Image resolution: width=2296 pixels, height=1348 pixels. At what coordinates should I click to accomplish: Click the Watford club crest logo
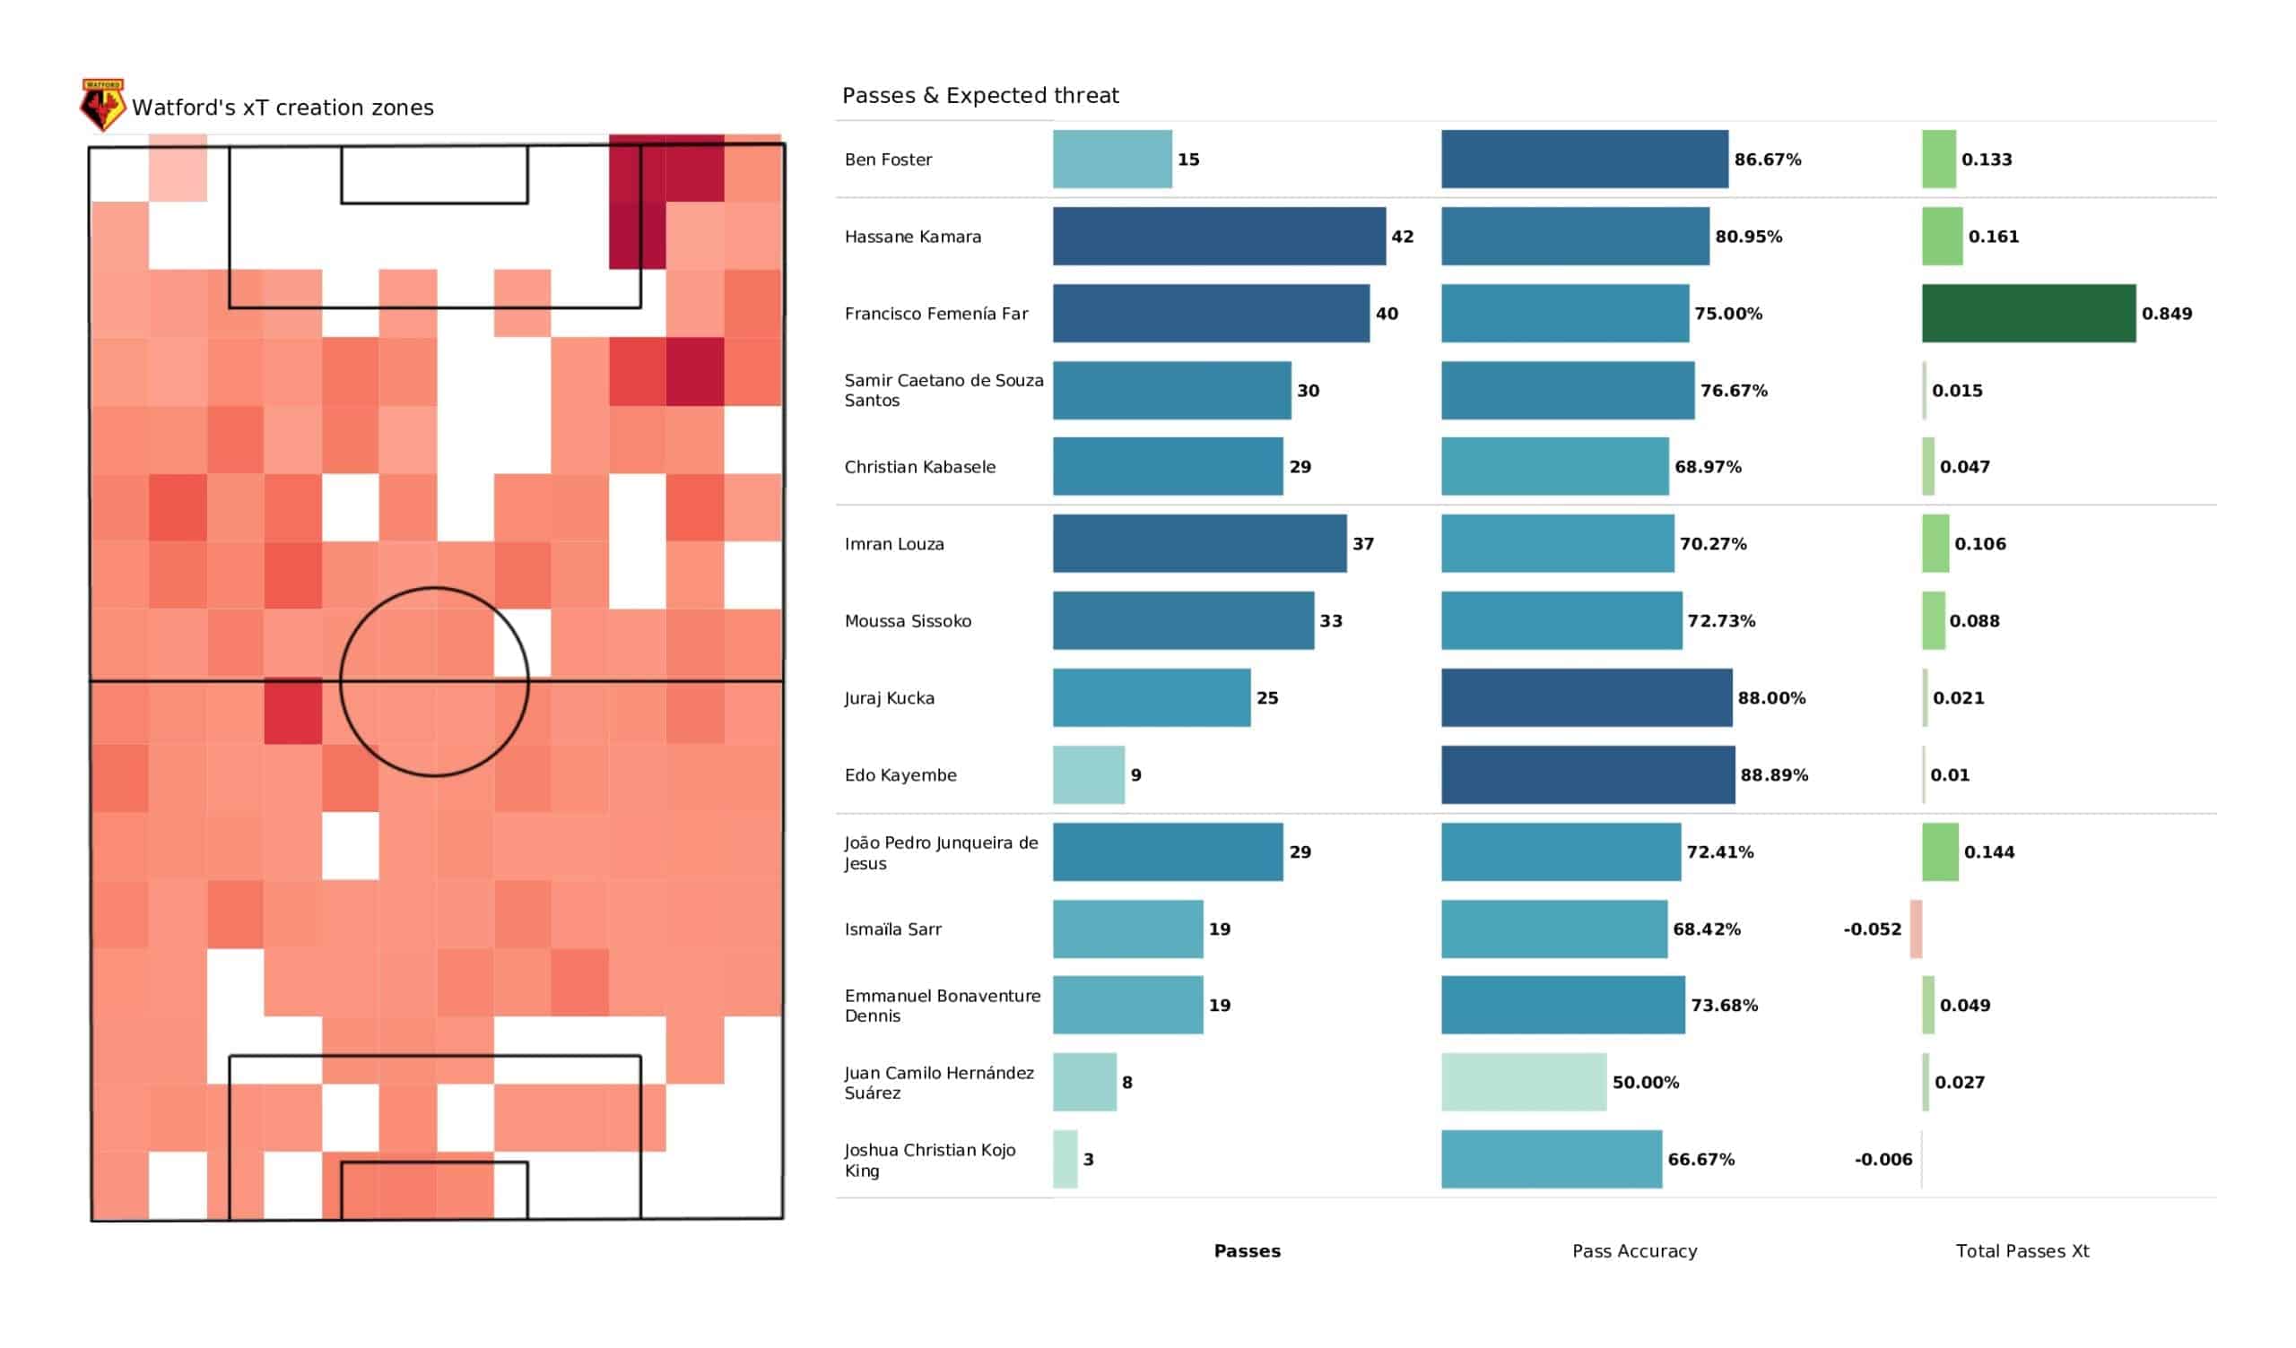pyautogui.click(x=102, y=105)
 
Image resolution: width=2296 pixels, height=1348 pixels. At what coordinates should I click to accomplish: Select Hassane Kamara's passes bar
pyautogui.click(x=1219, y=236)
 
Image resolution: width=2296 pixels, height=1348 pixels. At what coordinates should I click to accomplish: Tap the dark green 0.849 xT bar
pyautogui.click(x=2028, y=314)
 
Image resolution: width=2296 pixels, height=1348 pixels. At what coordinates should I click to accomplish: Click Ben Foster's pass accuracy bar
pyautogui.click(x=1585, y=160)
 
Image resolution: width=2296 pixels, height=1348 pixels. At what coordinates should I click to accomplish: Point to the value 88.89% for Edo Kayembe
pyautogui.click(x=1774, y=775)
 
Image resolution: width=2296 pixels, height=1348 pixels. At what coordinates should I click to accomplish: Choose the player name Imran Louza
pyautogui.click(x=894, y=544)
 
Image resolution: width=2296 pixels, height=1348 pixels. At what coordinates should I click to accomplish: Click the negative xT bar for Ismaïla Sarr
pyautogui.click(x=1916, y=929)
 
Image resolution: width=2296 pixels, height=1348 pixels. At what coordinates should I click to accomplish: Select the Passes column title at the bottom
pyautogui.click(x=1247, y=1251)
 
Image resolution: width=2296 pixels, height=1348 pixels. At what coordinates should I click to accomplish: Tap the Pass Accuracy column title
pyautogui.click(x=1634, y=1251)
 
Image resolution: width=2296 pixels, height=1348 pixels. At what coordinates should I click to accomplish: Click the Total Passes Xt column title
pyautogui.click(x=2022, y=1251)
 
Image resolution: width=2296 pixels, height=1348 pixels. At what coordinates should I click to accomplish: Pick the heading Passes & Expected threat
pyautogui.click(x=980, y=96)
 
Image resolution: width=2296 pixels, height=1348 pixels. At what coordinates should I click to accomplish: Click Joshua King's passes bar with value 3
pyautogui.click(x=1065, y=1160)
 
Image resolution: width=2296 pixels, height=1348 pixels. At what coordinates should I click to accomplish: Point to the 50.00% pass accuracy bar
pyautogui.click(x=1524, y=1082)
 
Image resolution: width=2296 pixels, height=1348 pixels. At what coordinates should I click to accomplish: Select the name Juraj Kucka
pyautogui.click(x=889, y=698)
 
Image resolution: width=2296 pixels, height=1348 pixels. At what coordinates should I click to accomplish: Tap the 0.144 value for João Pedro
pyautogui.click(x=1989, y=852)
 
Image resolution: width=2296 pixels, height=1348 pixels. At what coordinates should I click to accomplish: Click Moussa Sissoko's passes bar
pyautogui.click(x=1184, y=620)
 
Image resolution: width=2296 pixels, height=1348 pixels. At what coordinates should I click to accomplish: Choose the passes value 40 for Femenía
pyautogui.click(x=1387, y=314)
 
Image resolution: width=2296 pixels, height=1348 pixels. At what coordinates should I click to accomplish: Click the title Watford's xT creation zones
pyautogui.click(x=283, y=108)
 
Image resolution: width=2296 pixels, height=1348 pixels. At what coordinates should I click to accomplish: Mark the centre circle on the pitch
pyautogui.click(x=435, y=587)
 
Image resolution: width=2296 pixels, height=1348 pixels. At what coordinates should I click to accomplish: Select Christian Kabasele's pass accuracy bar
pyautogui.click(x=1554, y=466)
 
